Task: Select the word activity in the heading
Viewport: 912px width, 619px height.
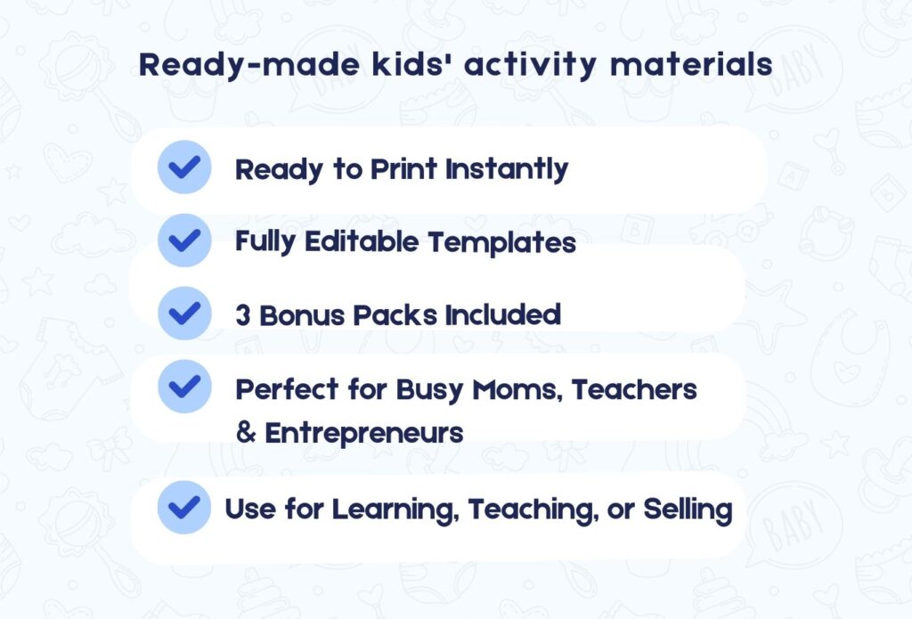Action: (x=531, y=65)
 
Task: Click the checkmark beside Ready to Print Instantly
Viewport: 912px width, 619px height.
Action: (x=184, y=167)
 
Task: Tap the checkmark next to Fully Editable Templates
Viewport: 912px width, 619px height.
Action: (x=184, y=240)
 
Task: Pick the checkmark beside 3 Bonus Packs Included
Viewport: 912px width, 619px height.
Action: (x=184, y=313)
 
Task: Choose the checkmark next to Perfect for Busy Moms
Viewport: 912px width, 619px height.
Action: (x=184, y=386)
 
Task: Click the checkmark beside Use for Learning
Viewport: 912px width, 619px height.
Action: (x=184, y=508)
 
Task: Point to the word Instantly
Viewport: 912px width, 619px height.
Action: (x=507, y=170)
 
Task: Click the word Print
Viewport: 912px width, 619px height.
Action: (x=403, y=168)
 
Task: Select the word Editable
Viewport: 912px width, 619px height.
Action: (x=362, y=241)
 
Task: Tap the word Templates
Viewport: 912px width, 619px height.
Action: (x=502, y=242)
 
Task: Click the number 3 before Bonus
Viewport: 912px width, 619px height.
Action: (x=243, y=315)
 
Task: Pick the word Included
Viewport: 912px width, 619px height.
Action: (x=503, y=314)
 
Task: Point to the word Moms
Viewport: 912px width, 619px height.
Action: (x=517, y=390)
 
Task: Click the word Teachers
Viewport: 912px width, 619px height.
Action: (x=634, y=389)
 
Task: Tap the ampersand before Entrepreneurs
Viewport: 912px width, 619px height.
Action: (x=246, y=432)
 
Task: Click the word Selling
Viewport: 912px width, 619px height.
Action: (x=688, y=509)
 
